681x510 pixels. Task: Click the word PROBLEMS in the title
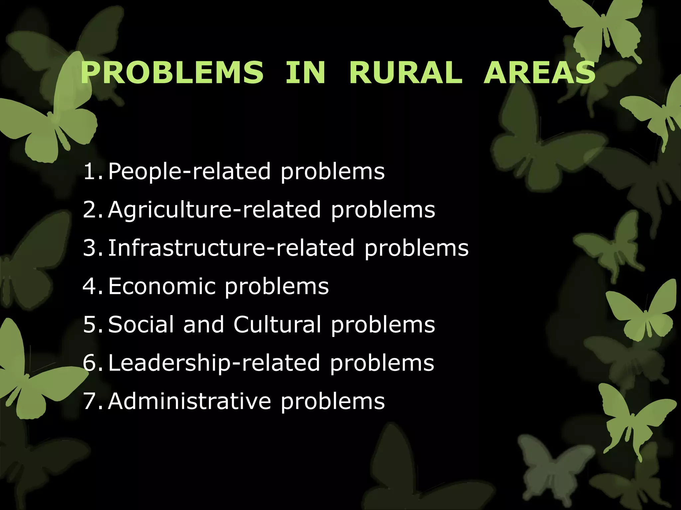(x=172, y=73)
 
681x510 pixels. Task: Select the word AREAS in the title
(x=539, y=73)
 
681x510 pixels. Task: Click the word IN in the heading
(x=305, y=73)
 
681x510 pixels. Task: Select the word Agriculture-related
(x=214, y=210)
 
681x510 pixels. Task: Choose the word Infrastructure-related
(x=231, y=248)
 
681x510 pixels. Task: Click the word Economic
(x=162, y=286)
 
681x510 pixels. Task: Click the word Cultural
(x=277, y=324)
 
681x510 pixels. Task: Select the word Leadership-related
(x=214, y=363)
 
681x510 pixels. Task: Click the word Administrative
(x=190, y=401)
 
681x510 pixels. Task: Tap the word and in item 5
(x=204, y=324)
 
